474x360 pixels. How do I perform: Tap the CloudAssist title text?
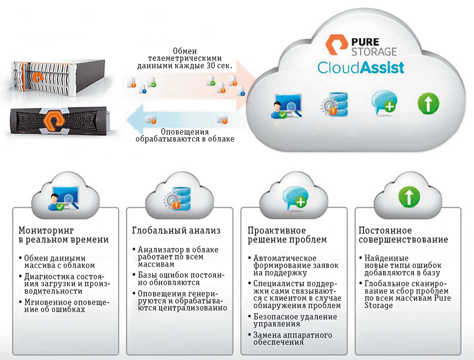pyautogui.click(x=361, y=67)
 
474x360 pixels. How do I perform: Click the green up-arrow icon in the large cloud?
pyautogui.click(x=428, y=103)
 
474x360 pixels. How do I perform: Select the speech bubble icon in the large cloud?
pyautogui.click(x=384, y=103)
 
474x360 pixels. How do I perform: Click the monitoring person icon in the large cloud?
pyautogui.click(x=286, y=106)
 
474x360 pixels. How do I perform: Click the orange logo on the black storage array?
pyautogui.click(x=55, y=121)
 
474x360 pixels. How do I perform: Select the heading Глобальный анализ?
pyautogui.click(x=176, y=231)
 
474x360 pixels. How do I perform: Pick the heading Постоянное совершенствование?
pyautogui.click(x=402, y=235)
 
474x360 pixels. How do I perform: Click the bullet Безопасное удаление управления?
pyautogui.click(x=295, y=320)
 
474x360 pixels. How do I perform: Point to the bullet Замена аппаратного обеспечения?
pyautogui.click(x=292, y=338)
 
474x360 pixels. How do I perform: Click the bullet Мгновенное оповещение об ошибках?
pyautogui.click(x=65, y=306)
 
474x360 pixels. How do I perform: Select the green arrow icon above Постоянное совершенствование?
pyautogui.click(x=407, y=195)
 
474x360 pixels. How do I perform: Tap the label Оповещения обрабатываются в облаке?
pyautogui.click(x=184, y=135)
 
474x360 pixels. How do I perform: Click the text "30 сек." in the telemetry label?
pyautogui.click(x=217, y=66)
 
